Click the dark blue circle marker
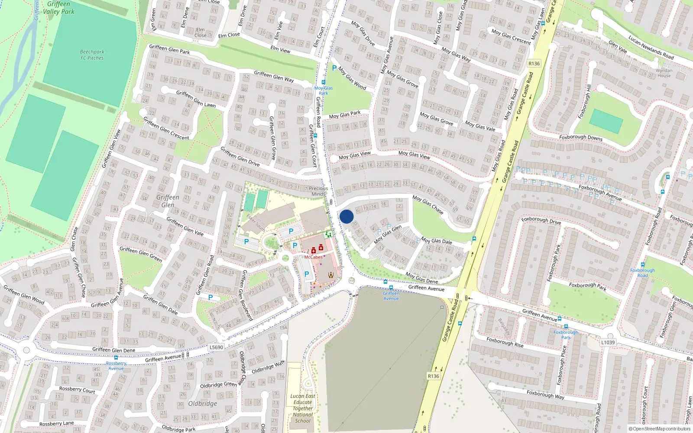click(346, 216)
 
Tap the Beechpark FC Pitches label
click(92, 55)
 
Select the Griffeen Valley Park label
click(59, 8)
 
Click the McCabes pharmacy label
click(313, 257)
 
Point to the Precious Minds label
click(318, 191)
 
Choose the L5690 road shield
click(216, 347)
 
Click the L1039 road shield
click(608, 342)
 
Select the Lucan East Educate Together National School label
click(303, 408)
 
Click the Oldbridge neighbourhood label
click(203, 404)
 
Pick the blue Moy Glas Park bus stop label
click(324, 90)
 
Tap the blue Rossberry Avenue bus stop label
click(116, 366)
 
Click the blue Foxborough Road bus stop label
click(642, 273)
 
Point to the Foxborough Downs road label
click(580, 137)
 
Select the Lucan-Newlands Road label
click(651, 48)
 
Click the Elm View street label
click(280, 49)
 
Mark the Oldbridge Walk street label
click(268, 367)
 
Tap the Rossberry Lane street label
click(56, 423)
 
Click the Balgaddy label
click(505, 327)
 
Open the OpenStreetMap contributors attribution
click(660, 429)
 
